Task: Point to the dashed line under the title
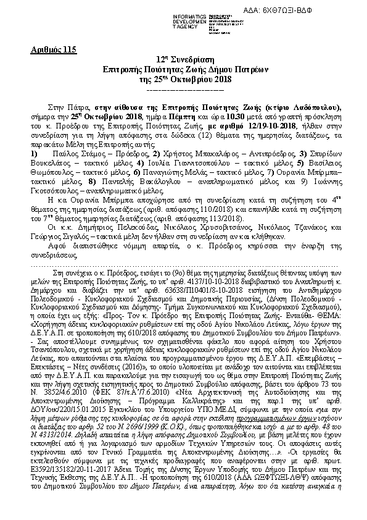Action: pyautogui.click(x=183, y=89)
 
